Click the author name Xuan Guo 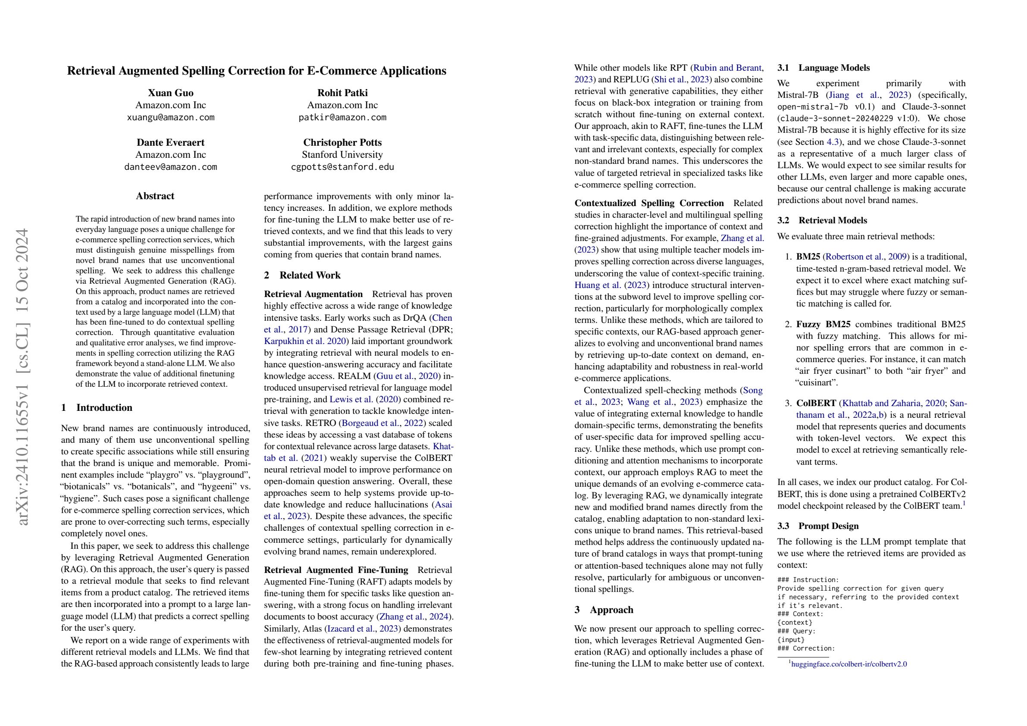pyautogui.click(x=170, y=93)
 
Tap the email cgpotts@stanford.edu pyautogui.click(x=342, y=167)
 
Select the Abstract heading pyautogui.click(x=155, y=196)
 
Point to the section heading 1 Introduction pyautogui.click(x=97, y=407)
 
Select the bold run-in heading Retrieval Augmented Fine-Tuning pyautogui.click(x=336, y=570)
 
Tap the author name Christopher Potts pyautogui.click(x=342, y=143)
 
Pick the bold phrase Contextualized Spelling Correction pyautogui.click(x=649, y=203)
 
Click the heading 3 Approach pyautogui.click(x=604, y=610)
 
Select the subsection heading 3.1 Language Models pyautogui.click(x=823, y=68)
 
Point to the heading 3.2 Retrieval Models pyautogui.click(x=822, y=221)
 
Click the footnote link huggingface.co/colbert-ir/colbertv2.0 pyautogui.click(x=849, y=664)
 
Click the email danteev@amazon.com pyautogui.click(x=170, y=167)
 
